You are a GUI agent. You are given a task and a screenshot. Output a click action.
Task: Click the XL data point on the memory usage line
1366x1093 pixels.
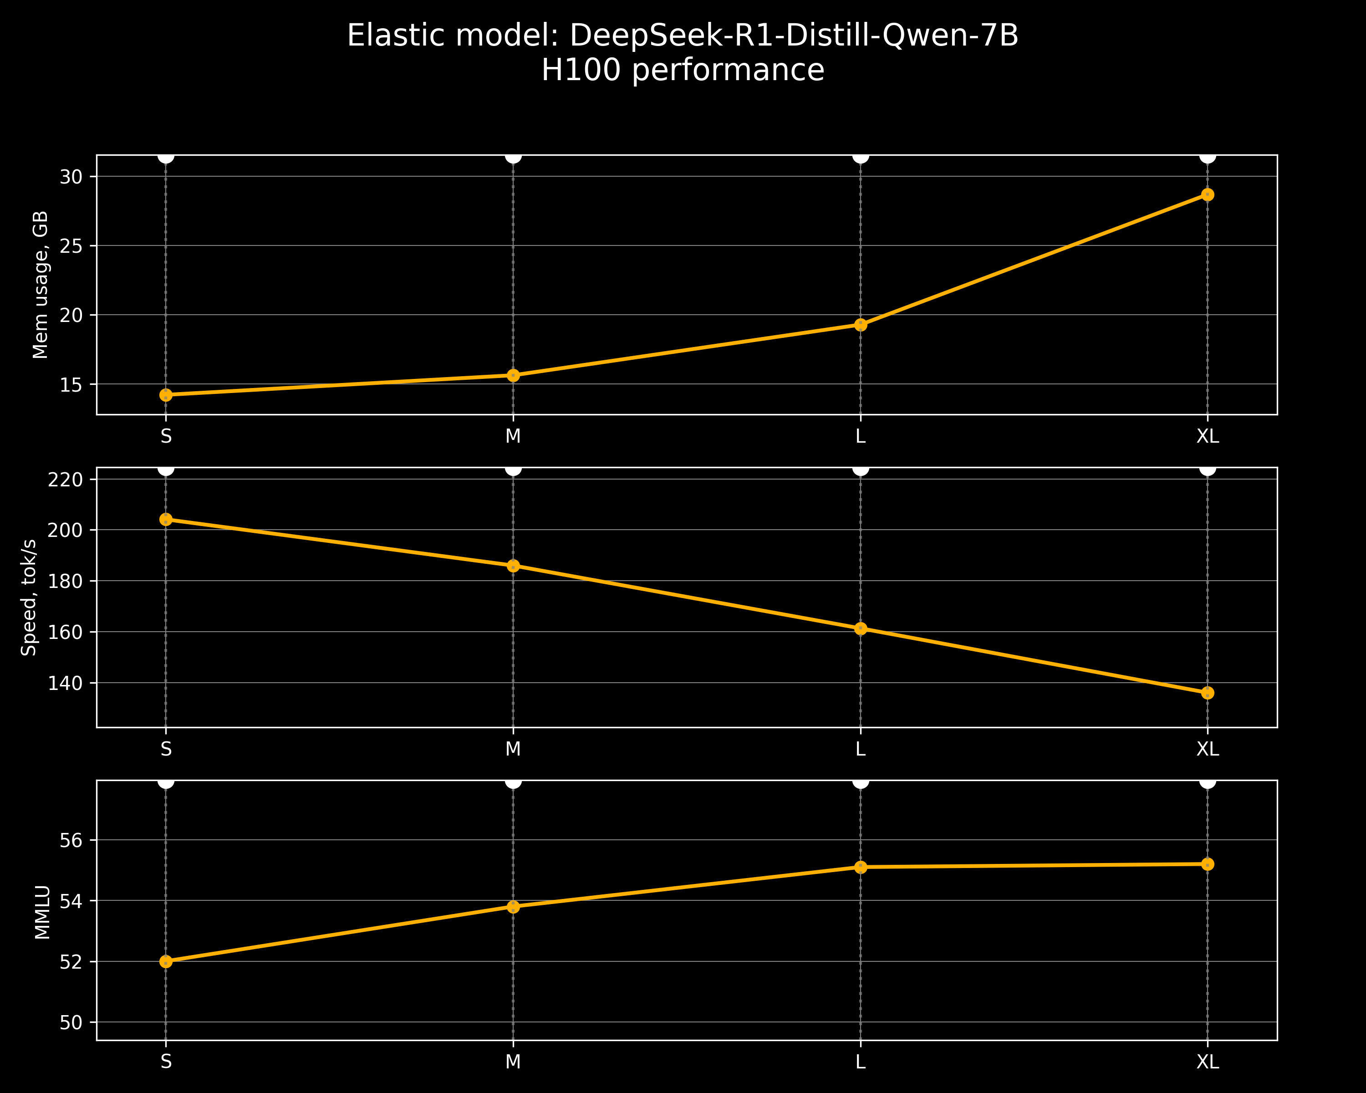(1208, 194)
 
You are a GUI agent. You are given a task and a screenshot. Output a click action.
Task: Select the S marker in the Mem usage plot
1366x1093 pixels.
(166, 395)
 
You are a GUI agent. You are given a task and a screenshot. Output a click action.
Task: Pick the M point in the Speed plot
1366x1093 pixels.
(513, 566)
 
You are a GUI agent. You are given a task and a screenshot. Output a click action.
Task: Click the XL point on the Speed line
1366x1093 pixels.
(1208, 693)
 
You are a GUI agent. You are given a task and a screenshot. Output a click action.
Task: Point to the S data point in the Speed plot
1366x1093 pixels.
(166, 520)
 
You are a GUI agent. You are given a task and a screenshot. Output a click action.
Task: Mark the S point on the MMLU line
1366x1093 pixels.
(166, 962)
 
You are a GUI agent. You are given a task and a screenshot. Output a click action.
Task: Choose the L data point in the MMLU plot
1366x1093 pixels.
(861, 867)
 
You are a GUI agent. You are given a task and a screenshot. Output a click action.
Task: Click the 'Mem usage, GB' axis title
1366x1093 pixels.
(41, 285)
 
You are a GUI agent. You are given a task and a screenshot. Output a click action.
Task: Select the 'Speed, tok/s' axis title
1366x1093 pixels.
(29, 598)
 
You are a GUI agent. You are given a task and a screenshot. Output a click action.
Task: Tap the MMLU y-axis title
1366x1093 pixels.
(42, 912)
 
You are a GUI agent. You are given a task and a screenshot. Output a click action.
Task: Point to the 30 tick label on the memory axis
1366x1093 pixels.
(71, 177)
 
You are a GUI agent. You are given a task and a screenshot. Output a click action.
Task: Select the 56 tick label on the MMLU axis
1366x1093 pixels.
(71, 840)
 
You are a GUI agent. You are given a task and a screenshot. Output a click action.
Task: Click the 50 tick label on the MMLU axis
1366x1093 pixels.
(71, 1022)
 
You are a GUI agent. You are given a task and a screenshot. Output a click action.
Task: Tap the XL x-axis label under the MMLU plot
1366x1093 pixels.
(1208, 1062)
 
